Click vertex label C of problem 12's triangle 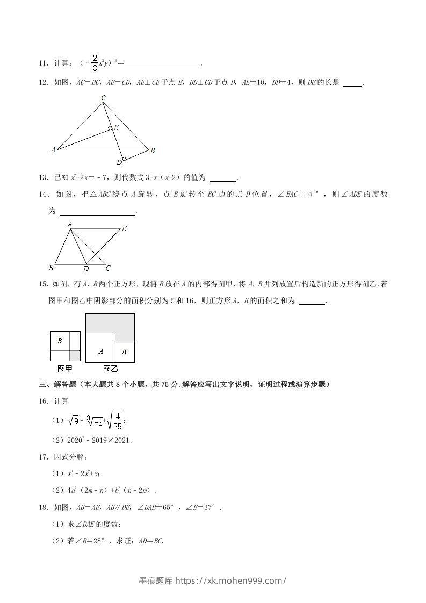(104, 97)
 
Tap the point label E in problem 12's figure (116, 127)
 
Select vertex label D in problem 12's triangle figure (119, 162)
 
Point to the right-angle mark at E (110, 128)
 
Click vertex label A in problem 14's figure (70, 224)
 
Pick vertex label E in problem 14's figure (124, 228)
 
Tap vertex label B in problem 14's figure (50, 268)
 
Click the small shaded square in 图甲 (75, 356)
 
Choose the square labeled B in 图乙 (125, 352)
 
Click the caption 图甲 (65, 369)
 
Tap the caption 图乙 (110, 369)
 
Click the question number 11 (43, 64)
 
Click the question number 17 (43, 457)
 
